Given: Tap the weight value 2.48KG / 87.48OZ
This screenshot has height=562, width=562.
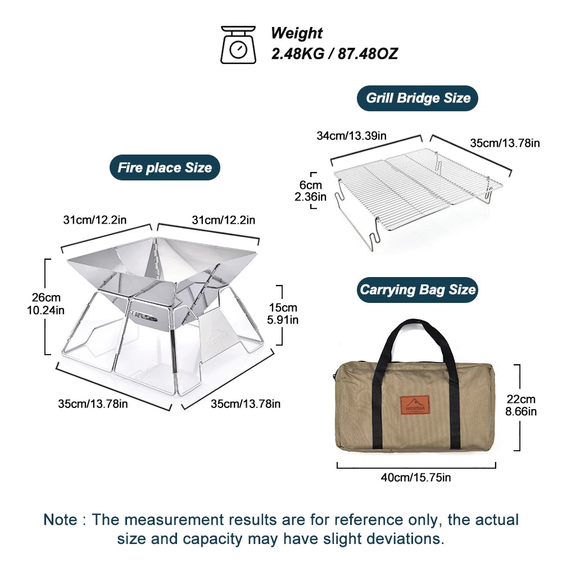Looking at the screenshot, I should pyautogui.click(x=334, y=54).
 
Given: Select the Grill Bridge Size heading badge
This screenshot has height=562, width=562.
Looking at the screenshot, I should pyautogui.click(x=418, y=98).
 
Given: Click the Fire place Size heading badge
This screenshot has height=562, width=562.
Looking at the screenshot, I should pyautogui.click(x=165, y=167).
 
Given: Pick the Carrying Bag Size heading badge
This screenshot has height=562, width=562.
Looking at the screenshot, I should pyautogui.click(x=418, y=290).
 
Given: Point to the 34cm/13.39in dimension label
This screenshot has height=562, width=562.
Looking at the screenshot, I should pyautogui.click(x=351, y=135).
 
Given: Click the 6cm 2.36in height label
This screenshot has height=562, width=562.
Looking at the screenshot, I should pyautogui.click(x=310, y=191).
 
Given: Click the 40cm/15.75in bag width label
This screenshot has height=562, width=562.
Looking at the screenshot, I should pyautogui.click(x=416, y=478).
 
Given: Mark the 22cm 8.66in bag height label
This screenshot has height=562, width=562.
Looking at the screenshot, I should pyautogui.click(x=520, y=405).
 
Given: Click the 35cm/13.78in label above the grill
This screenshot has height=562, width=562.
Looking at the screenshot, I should pyautogui.click(x=505, y=143).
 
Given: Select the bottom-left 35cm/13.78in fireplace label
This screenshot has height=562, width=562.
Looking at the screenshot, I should pyautogui.click(x=93, y=404).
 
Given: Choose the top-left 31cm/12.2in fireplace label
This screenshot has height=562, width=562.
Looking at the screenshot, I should pyautogui.click(x=94, y=220).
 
